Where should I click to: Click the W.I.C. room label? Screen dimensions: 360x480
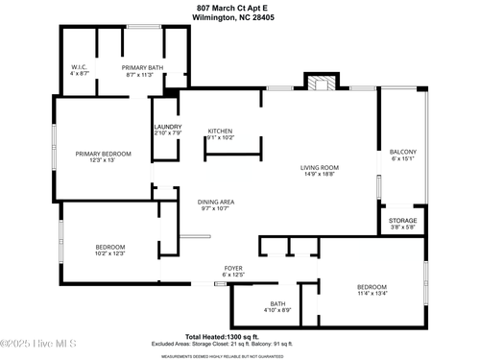(x=80, y=67)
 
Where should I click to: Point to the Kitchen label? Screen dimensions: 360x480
(x=221, y=132)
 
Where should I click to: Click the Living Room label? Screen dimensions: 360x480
(x=320, y=167)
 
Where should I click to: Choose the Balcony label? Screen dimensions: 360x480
(x=402, y=153)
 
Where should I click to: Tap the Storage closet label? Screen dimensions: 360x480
(x=402, y=221)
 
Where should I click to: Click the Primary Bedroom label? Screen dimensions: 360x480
(x=104, y=154)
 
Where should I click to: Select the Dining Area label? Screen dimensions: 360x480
(x=216, y=202)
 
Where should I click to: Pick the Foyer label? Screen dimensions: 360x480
(x=233, y=268)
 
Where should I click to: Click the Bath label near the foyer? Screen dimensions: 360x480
(x=277, y=303)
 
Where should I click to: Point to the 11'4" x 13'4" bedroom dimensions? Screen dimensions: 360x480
(x=372, y=294)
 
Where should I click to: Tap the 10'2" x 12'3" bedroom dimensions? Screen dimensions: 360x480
(x=110, y=252)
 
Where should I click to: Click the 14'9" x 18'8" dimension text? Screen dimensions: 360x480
(x=320, y=174)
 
